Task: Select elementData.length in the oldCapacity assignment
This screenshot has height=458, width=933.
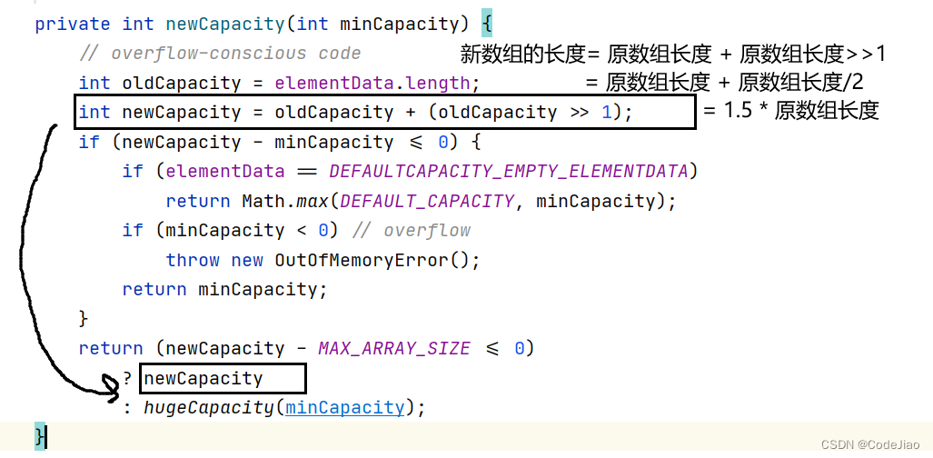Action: [x=372, y=83]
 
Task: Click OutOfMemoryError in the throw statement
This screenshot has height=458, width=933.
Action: [x=362, y=260]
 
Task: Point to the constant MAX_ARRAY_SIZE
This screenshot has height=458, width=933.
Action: [x=394, y=348]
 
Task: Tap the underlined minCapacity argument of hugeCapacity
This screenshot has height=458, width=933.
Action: [x=344, y=407]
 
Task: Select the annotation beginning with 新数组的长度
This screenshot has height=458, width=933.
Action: [x=672, y=54]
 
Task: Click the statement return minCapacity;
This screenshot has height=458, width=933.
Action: [x=224, y=289]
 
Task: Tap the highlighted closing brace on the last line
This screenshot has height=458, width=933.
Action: [x=40, y=436]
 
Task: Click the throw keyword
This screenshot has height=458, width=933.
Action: [x=193, y=260]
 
